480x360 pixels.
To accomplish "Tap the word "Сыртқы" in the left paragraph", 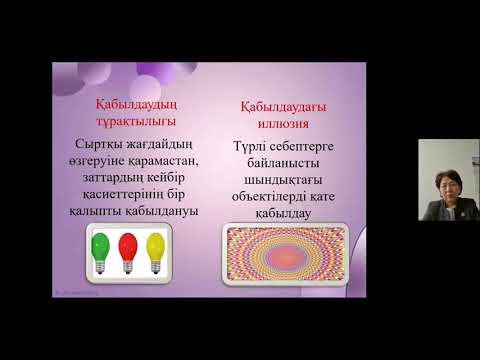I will (x=93, y=142).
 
